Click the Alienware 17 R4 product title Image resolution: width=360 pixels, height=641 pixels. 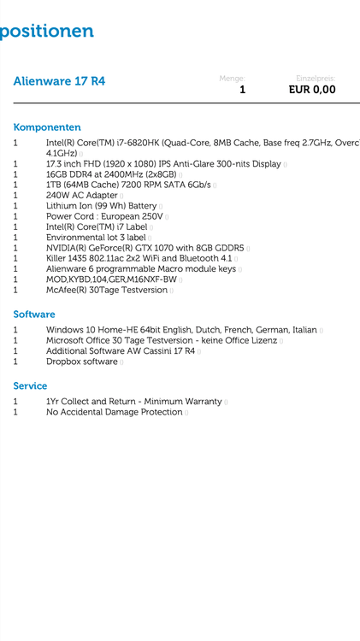59,81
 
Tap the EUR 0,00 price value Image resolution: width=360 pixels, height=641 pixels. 311,89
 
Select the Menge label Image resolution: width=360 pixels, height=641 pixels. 232,78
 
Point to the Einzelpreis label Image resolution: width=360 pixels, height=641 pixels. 316,78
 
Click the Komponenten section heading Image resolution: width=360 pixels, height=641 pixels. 47,127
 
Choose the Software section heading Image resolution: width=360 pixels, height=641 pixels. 34,315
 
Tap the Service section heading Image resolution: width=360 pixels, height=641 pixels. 30,386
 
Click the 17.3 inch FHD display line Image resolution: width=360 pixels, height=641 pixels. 163,163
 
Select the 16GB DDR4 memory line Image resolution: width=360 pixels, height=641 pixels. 111,174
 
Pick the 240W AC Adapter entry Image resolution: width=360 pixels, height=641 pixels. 82,196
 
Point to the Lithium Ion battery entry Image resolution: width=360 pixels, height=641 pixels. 102,206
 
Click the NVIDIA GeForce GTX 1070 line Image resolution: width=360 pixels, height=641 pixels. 145,248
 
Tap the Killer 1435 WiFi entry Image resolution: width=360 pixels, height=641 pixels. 139,258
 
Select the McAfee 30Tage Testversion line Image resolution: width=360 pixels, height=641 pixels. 107,290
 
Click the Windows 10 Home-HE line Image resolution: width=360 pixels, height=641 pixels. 181,330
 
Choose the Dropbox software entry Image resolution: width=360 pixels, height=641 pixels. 82,362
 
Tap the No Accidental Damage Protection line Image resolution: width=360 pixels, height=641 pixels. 115,412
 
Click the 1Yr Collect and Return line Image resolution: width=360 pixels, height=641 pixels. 134,402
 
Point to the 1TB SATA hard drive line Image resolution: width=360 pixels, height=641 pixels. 128,185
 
